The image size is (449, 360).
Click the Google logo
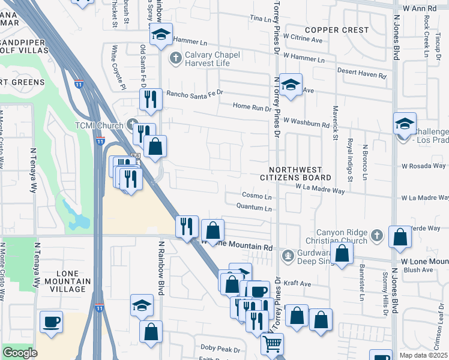coord(20,353)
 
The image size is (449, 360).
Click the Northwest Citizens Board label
coord(295,174)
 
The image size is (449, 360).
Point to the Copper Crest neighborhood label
coord(337,29)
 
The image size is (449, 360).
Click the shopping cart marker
coord(272,344)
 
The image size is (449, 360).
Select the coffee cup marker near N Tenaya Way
coord(51,321)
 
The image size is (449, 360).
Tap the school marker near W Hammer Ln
coord(161,34)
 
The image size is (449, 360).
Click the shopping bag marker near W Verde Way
coord(400,237)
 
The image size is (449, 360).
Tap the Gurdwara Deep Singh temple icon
coord(288,256)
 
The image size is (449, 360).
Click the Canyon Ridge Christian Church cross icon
coord(376,235)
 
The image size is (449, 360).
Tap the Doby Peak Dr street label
coord(220,348)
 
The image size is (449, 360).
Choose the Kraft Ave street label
coord(298,283)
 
